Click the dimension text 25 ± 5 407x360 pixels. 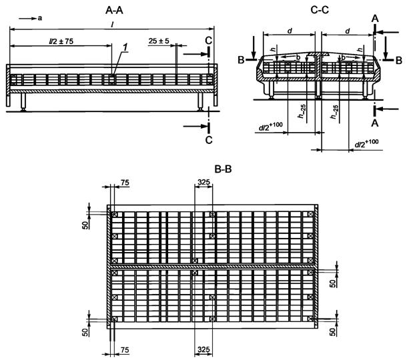pos(160,41)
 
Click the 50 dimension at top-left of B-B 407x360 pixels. pos(85,223)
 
